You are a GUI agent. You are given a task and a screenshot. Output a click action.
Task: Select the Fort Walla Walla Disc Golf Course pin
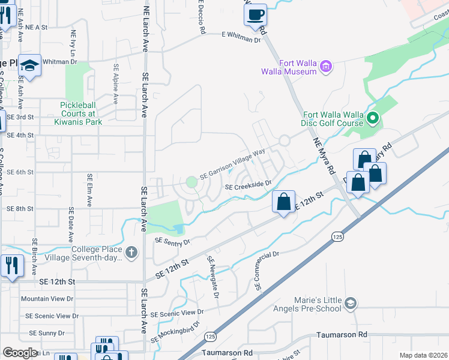click(373, 119)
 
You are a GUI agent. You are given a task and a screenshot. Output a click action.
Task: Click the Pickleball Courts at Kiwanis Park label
click(81, 113)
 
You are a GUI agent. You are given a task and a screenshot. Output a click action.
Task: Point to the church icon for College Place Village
click(132, 254)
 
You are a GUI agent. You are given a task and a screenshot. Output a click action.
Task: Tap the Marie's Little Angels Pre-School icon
click(351, 304)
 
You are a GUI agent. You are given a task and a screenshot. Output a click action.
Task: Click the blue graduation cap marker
click(29, 66)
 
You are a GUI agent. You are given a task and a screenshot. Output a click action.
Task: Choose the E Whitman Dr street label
click(242, 37)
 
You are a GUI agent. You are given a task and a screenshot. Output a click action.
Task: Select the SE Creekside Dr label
click(249, 187)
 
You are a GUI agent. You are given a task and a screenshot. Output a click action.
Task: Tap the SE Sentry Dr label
click(172, 241)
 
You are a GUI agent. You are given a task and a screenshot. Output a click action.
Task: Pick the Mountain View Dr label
click(47, 298)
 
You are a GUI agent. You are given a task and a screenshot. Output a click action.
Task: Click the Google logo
click(20, 353)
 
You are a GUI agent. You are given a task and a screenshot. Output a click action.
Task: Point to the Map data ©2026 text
click(423, 355)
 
